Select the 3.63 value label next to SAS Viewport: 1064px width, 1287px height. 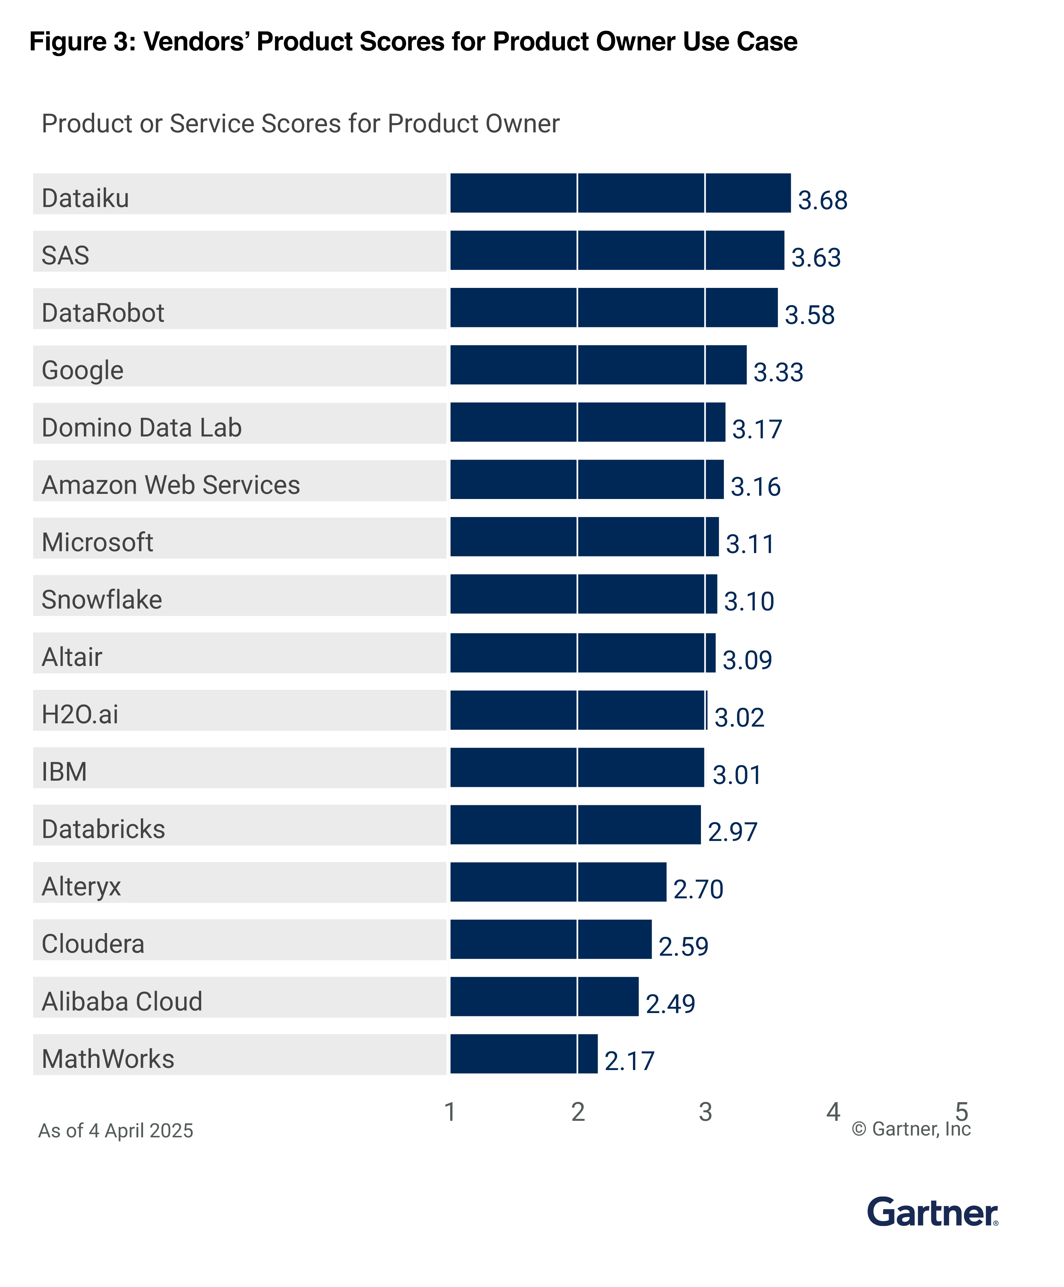[x=816, y=257]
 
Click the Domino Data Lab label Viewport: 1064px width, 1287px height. [x=142, y=428]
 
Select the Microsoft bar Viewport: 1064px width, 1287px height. [x=584, y=537]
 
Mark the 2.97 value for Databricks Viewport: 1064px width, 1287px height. [x=732, y=832]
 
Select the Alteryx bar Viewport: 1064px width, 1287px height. [x=558, y=882]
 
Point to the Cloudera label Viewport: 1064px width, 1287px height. [x=93, y=944]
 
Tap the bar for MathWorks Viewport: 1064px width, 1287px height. [x=523, y=1054]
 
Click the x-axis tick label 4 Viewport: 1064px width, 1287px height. [x=833, y=1112]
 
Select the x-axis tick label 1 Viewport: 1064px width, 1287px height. [x=450, y=1112]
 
